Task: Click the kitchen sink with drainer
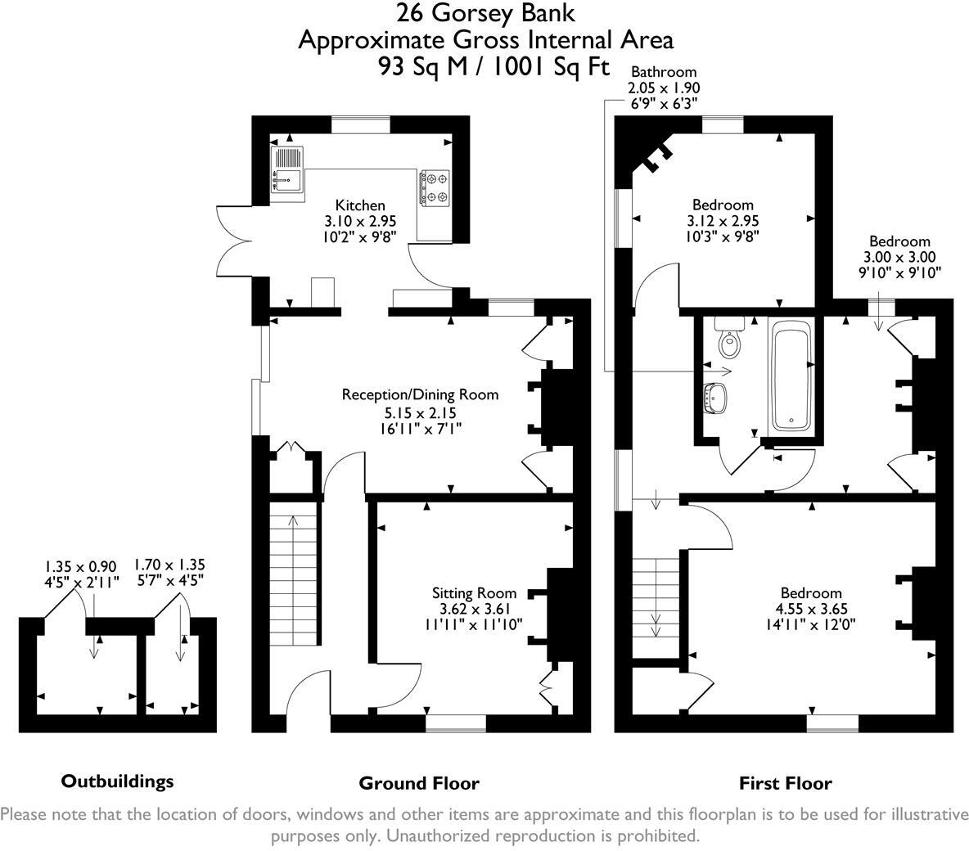point(286,169)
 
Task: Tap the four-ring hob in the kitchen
point(434,187)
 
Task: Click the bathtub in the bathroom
point(791,376)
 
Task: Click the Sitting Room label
point(475,592)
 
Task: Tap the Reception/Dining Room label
point(420,394)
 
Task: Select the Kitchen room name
point(360,205)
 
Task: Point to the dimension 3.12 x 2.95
point(723,220)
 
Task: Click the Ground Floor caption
point(419,783)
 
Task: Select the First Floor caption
point(785,783)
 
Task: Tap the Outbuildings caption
point(118,781)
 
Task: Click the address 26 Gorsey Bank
point(485,13)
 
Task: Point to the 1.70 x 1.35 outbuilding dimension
point(169,564)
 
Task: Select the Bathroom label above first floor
point(664,72)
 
